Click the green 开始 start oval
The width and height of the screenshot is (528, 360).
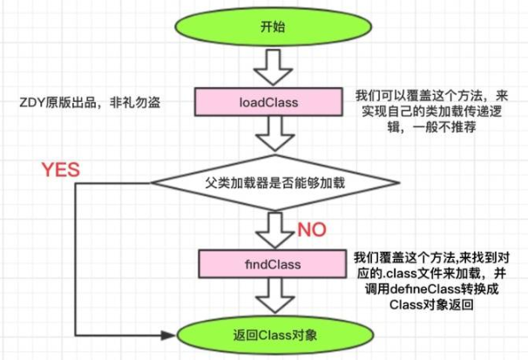pos(271,26)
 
